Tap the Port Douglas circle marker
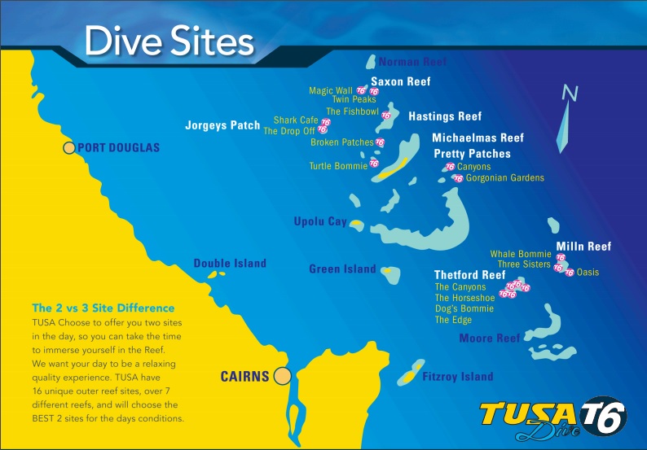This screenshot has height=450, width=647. [69, 148]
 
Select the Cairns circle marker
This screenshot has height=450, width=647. [283, 376]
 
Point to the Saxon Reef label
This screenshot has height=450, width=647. [400, 81]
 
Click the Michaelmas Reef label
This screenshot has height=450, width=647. [478, 138]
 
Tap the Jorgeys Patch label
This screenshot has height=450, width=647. [222, 126]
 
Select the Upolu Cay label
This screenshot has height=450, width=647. [320, 221]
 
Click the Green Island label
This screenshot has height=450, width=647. [342, 269]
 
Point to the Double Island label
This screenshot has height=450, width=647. [230, 264]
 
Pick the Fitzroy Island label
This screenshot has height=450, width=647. [457, 377]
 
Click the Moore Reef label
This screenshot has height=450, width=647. [489, 338]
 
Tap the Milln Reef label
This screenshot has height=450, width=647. [583, 247]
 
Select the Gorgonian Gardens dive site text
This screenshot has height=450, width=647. [505, 177]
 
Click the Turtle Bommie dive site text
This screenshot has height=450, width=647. [338, 166]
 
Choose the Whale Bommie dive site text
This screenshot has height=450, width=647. [521, 254]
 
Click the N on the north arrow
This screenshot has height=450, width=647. [572, 94]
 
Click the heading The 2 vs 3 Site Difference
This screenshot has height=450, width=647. [103, 308]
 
